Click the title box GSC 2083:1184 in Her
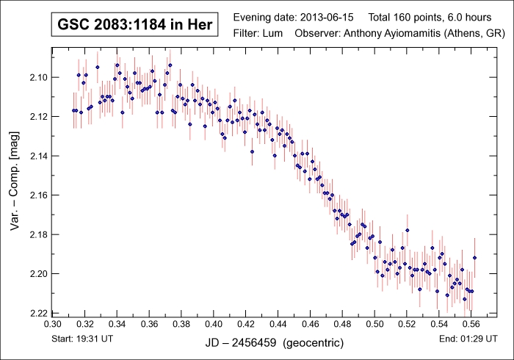(134, 25)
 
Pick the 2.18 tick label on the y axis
(37, 234)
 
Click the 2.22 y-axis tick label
(37, 313)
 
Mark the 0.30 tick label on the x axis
(53, 323)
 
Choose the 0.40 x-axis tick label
(214, 323)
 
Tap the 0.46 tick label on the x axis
(310, 323)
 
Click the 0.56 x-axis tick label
(471, 323)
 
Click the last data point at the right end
(475, 258)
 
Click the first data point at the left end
(73, 110)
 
